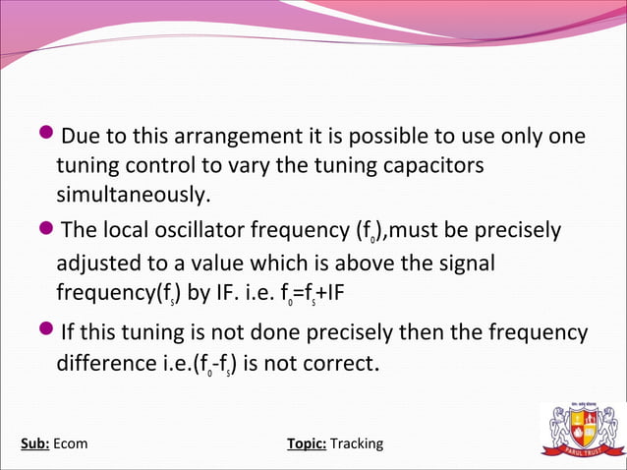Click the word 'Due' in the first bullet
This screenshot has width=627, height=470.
[x=82, y=136]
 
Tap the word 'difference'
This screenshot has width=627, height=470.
[x=107, y=364]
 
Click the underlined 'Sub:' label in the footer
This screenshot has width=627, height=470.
[x=35, y=443]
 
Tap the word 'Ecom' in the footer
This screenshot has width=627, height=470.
[x=71, y=443]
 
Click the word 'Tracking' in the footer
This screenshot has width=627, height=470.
[x=357, y=443]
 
